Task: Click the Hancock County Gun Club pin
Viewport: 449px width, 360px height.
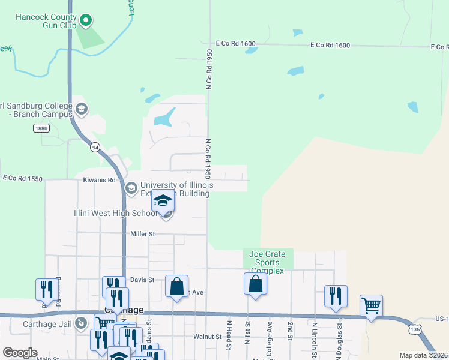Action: (86, 21)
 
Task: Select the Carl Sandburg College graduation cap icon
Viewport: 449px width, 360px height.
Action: (82, 109)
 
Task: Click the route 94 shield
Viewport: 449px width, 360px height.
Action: (95, 146)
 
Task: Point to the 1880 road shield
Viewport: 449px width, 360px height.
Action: (41, 128)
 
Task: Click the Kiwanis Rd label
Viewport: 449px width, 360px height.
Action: (99, 179)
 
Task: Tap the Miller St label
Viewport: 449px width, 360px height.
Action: (143, 233)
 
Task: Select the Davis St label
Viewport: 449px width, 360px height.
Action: (142, 280)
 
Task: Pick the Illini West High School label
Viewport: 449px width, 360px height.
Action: (123, 214)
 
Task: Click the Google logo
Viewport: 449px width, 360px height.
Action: (20, 353)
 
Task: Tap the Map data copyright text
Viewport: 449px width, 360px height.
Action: (423, 355)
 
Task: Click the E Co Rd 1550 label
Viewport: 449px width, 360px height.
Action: (23, 178)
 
